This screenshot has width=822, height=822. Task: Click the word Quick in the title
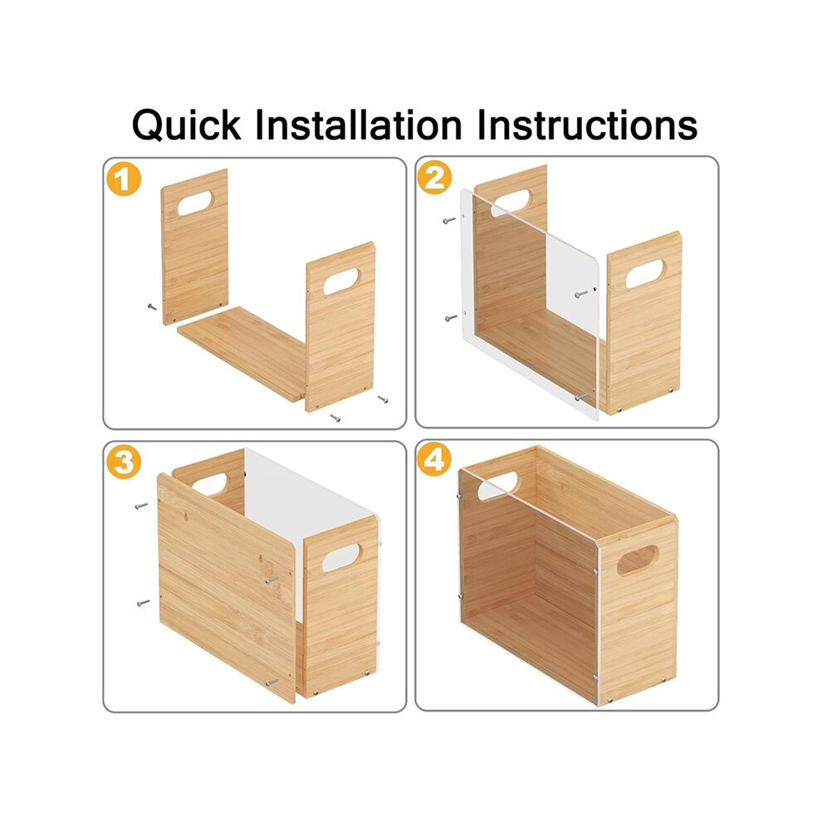186,125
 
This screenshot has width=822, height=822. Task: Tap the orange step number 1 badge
124,179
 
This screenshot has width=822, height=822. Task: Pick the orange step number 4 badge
434,460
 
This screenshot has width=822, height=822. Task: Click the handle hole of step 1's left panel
195,203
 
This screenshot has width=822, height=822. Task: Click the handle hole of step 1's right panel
341,281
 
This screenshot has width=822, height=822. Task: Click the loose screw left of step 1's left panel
152,306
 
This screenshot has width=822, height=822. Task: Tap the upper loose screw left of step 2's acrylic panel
449,220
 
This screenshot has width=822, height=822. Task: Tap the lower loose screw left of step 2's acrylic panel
451,318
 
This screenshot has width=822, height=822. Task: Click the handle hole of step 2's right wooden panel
645,273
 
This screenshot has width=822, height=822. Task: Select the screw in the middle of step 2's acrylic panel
581,294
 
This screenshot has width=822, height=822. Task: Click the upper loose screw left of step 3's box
141,506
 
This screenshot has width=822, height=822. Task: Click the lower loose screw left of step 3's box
143,603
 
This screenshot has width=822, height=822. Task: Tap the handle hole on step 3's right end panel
340,558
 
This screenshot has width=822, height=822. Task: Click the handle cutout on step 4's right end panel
638,560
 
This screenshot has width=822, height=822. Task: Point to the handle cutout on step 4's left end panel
497,486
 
